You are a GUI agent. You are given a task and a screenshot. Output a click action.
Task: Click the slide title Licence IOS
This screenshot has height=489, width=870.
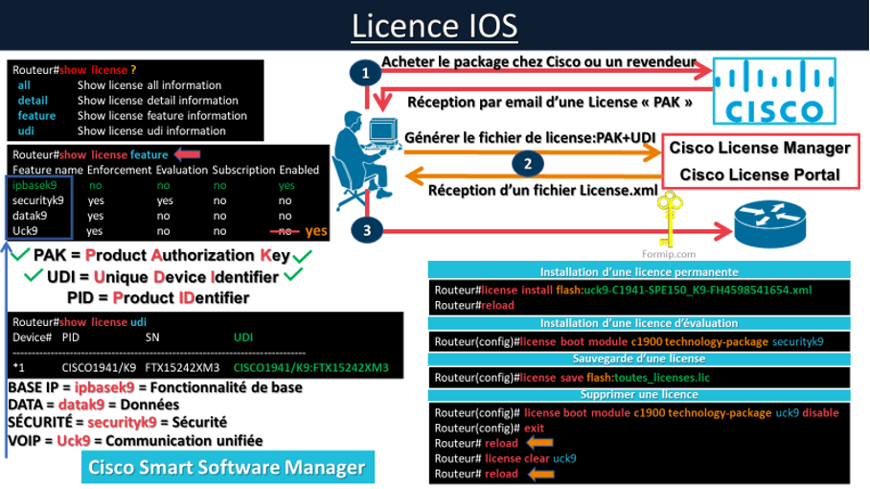click(434, 26)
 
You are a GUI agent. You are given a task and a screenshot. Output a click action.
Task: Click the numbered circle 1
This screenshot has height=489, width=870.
click(363, 73)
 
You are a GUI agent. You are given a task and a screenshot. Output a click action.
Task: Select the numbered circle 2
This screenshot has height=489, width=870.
click(526, 163)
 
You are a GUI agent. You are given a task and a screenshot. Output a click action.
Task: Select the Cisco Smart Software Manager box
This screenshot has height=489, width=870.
click(227, 468)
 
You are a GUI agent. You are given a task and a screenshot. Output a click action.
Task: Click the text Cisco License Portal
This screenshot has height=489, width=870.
click(760, 175)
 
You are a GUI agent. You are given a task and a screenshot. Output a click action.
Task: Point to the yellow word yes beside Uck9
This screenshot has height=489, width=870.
click(316, 231)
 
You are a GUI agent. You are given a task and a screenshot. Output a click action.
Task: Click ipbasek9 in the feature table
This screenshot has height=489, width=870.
click(34, 185)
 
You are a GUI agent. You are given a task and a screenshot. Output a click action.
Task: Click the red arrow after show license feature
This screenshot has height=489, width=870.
click(187, 154)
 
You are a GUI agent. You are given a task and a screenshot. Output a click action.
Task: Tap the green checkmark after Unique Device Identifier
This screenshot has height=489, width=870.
click(293, 276)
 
